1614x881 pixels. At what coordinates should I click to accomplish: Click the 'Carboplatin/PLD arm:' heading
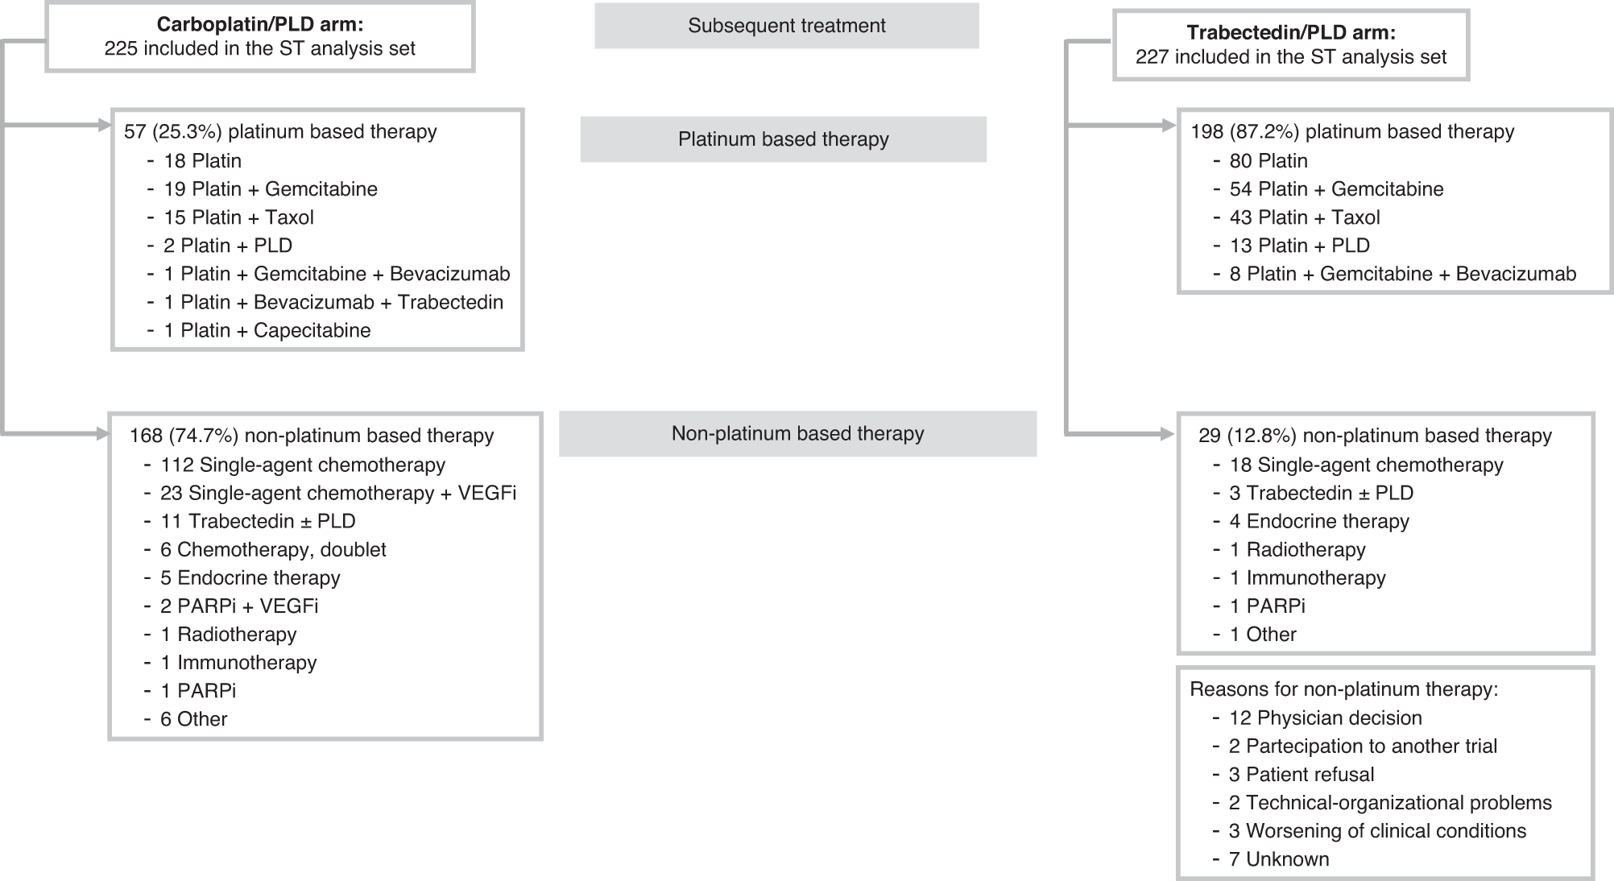(259, 25)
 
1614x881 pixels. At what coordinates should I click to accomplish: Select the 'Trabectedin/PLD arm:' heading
(1291, 33)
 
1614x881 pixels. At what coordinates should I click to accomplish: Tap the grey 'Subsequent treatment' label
(786, 26)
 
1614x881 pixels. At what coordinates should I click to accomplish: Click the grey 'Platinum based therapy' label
(783, 139)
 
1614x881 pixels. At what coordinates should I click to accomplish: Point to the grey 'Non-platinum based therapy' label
(797, 434)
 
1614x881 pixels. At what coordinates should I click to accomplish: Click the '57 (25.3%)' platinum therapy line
(280, 132)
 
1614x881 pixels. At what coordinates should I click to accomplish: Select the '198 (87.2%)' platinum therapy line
(1352, 132)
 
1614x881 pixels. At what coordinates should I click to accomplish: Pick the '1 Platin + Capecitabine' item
(267, 331)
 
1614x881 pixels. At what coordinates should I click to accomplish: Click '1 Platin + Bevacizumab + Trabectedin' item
(333, 303)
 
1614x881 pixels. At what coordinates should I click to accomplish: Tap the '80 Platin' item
(1268, 161)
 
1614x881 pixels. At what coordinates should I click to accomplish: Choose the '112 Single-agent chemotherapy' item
(303, 465)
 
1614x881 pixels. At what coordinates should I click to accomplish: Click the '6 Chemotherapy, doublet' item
(273, 550)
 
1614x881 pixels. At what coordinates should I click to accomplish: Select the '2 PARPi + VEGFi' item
(239, 606)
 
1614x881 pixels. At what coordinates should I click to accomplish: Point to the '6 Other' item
(193, 720)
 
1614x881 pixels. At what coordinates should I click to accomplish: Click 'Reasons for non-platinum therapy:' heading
(1343, 690)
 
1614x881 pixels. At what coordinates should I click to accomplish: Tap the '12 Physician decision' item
(1325, 718)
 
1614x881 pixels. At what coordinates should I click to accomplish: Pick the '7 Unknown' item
(1279, 859)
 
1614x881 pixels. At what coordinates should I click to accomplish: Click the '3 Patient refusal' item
(1302, 775)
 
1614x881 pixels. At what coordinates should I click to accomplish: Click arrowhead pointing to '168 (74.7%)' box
(103, 434)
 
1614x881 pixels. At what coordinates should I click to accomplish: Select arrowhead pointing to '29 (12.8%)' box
(1167, 434)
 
